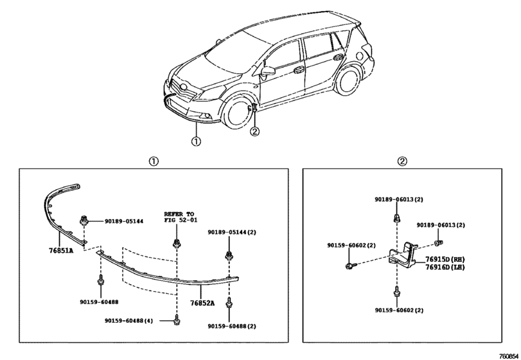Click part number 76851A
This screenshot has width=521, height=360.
[x=61, y=250]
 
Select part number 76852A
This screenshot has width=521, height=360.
[x=202, y=303]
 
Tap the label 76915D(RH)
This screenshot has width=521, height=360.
[x=445, y=259]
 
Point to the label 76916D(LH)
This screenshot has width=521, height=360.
[x=445, y=267]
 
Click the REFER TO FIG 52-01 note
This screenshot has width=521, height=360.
[x=179, y=217]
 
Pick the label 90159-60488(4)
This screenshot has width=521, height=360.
[x=129, y=321]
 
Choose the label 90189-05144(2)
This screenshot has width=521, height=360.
[x=232, y=232]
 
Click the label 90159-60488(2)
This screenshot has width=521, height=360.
[x=232, y=326]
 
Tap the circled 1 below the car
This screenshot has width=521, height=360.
[x=196, y=141]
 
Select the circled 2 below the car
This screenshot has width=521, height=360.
[x=254, y=132]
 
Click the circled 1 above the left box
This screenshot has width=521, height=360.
[x=154, y=161]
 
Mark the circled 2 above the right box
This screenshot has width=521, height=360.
[x=402, y=161]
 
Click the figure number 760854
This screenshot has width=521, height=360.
[x=509, y=355]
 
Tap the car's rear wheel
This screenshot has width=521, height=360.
[x=347, y=81]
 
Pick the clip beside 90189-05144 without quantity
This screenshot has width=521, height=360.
[x=84, y=221]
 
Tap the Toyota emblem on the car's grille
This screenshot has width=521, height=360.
[x=182, y=87]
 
